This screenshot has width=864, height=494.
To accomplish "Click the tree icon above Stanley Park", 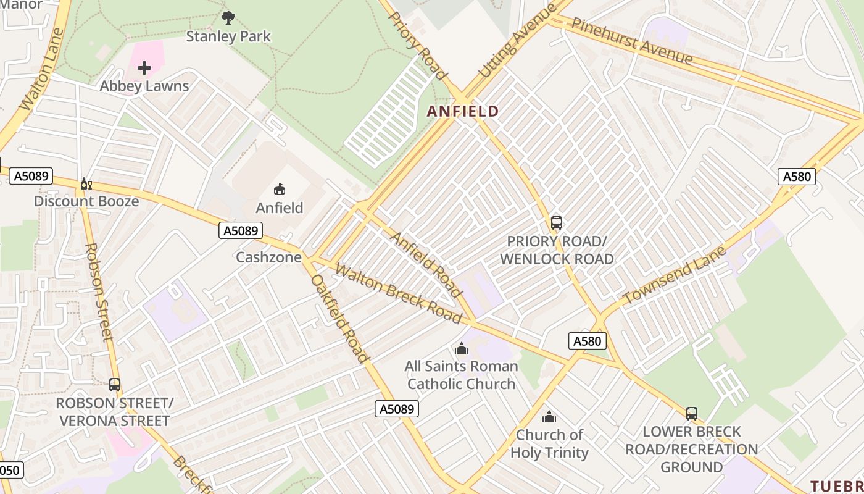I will pyautogui.click(x=228, y=17).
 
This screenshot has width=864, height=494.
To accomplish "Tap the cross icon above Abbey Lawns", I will pyautogui.click(x=144, y=67).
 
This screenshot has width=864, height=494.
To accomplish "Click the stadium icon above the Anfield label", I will pyautogui.click(x=280, y=189).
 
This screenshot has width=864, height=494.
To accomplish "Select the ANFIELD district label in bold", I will pyautogui.click(x=463, y=111).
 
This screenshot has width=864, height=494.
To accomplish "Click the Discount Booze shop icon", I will pyautogui.click(x=86, y=183).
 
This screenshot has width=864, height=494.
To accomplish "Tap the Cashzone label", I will pyautogui.click(x=268, y=257).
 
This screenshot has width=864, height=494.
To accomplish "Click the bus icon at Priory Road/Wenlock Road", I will pyautogui.click(x=556, y=222).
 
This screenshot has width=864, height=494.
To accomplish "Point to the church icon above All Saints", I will pyautogui.click(x=461, y=348).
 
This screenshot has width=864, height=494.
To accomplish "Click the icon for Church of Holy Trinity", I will pyautogui.click(x=549, y=417).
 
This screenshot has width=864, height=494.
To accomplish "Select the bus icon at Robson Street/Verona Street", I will pyautogui.click(x=115, y=385).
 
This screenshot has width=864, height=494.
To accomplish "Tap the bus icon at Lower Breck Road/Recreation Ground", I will pyautogui.click(x=691, y=413).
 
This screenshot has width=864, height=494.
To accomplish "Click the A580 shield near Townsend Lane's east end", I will pyautogui.click(x=796, y=177).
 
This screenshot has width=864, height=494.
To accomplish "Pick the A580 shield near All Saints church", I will pyautogui.click(x=586, y=341).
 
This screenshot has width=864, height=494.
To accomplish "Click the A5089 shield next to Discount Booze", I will pyautogui.click(x=31, y=176).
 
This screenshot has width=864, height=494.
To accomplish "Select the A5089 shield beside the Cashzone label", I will pyautogui.click(x=241, y=231).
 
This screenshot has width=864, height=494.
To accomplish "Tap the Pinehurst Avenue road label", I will pyautogui.click(x=632, y=41).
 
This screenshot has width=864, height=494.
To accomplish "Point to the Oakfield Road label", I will pyautogui.click(x=339, y=319).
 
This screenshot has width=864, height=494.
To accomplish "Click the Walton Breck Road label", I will pyautogui.click(x=398, y=293).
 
